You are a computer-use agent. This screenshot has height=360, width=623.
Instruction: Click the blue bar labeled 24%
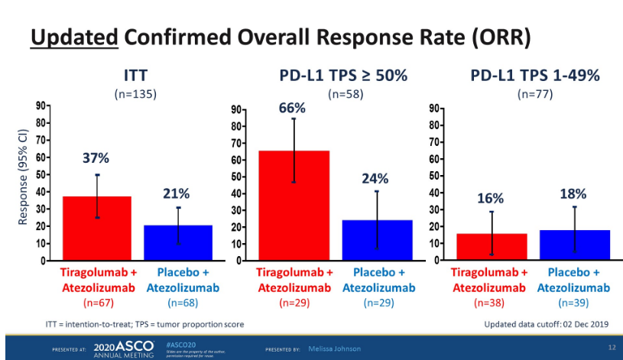(x=375, y=240)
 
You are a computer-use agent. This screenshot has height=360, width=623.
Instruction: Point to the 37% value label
(x=96, y=159)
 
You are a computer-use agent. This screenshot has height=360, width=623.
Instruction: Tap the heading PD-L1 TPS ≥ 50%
(x=342, y=76)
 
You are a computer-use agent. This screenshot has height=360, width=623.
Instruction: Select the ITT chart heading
(x=135, y=76)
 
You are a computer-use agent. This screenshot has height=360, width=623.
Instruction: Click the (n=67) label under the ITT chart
(x=98, y=303)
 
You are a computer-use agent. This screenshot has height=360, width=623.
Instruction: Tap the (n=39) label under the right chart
(x=573, y=303)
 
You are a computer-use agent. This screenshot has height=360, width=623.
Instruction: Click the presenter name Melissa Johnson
(x=334, y=349)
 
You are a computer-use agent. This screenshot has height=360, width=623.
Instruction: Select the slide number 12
(x=611, y=349)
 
